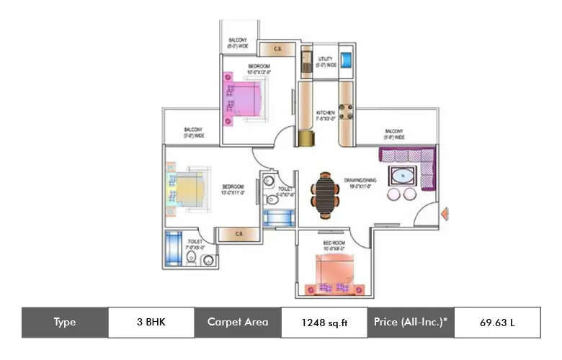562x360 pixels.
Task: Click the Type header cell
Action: (x=65, y=322)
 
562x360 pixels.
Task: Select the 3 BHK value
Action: (x=151, y=322)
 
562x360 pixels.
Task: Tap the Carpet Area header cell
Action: (x=238, y=322)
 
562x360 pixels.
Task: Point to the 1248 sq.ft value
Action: (x=324, y=323)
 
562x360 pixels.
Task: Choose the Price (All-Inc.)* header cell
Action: (x=411, y=322)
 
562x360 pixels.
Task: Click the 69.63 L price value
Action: (x=497, y=323)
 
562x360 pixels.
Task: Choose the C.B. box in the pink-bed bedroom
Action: (x=277, y=49)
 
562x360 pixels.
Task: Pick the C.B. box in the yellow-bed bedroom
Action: (x=238, y=234)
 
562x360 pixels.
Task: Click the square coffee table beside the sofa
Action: (x=401, y=175)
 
